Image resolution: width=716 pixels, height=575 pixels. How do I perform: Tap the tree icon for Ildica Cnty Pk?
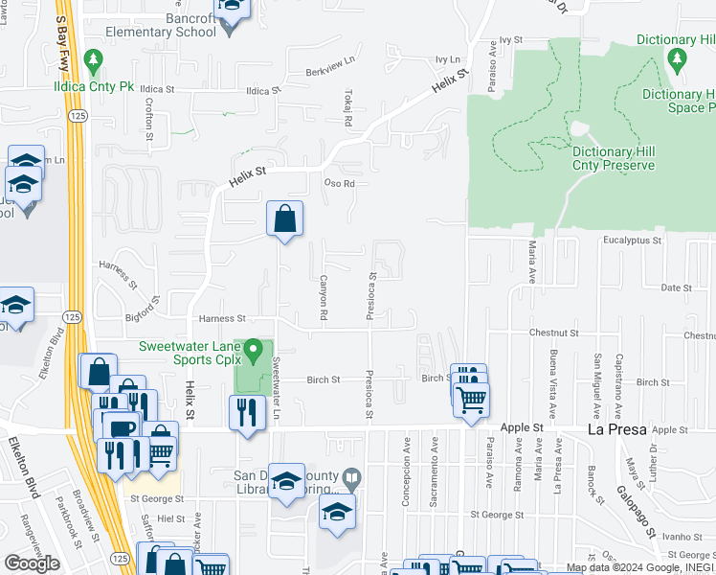click(93, 63)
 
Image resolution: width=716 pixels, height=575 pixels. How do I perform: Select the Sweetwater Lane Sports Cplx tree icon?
click(254, 353)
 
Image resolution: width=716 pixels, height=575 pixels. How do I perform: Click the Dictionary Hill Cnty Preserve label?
click(613, 158)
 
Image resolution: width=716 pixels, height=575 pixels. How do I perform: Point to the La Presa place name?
click(617, 431)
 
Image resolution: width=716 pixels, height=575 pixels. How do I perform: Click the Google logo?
click(32, 563)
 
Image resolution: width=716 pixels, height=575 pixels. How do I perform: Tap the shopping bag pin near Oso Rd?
click(285, 219)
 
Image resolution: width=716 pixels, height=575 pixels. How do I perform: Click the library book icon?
click(352, 477)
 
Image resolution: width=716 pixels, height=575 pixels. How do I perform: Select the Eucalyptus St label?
click(633, 241)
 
